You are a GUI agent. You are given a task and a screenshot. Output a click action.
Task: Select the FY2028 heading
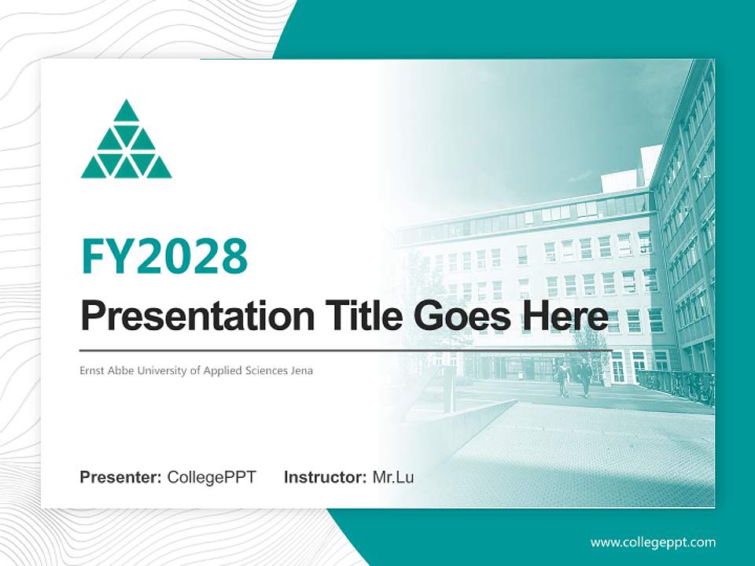pyautogui.click(x=164, y=256)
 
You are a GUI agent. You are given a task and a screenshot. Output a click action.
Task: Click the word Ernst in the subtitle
pyautogui.click(x=91, y=370)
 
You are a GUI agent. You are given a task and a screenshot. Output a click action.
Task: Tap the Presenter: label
pyautogui.click(x=121, y=477)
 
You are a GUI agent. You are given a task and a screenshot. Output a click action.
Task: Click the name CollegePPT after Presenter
pyautogui.click(x=212, y=477)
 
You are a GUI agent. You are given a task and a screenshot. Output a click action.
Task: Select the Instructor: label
pyautogui.click(x=325, y=477)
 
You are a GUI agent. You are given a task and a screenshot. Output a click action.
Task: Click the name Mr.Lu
pyautogui.click(x=393, y=477)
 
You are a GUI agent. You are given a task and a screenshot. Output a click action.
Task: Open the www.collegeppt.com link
pyautogui.click(x=653, y=542)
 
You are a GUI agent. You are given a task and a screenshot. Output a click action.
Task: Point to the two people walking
pyautogui.click(x=573, y=378)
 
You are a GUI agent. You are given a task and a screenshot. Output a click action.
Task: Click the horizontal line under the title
pyautogui.click(x=346, y=351)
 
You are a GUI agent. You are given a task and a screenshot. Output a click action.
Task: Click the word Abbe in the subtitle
pyautogui.click(x=121, y=370)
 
